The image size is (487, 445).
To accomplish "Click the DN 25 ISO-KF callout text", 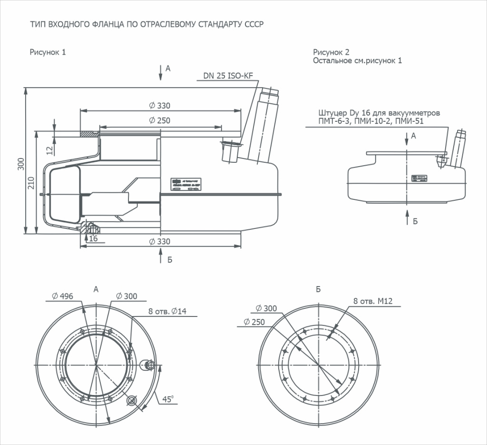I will coord(228,75).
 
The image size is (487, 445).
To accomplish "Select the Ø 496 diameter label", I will coord(62,296).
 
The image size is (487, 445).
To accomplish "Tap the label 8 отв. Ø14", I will coord(167,311).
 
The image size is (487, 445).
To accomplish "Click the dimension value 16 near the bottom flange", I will coord(93,238).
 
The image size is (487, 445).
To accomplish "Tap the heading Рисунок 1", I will coord(48,52).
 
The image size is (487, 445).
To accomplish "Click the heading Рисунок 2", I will coord(331,52).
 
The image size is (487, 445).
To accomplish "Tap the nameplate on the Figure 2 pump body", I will coord(419,178).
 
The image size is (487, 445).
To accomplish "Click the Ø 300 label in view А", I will coord(126,296).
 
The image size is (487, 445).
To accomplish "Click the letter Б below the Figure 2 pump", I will coord(415,221).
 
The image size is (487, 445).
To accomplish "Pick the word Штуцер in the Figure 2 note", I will coord(333,113).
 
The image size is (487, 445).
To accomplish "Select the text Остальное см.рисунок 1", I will coord(357,61).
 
